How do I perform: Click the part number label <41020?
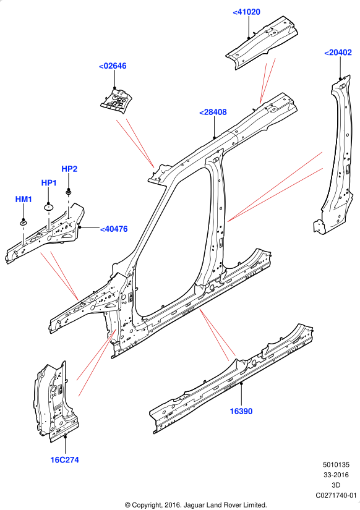pyautogui.click(x=246, y=12)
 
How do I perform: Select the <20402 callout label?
pyautogui.click(x=338, y=53)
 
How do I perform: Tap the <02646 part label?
pyautogui.click(x=113, y=66)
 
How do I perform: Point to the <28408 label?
pyautogui.click(x=213, y=113)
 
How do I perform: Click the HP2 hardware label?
pyautogui.click(x=69, y=169)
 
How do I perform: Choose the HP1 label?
pyautogui.click(x=49, y=183)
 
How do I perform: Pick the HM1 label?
pyautogui.click(x=24, y=199)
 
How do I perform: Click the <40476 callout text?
pyautogui.click(x=114, y=229)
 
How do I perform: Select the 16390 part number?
pyautogui.click(x=241, y=412)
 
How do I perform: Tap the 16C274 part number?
pyautogui.click(x=64, y=460)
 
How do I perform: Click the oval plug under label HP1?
pyautogui.click(x=48, y=207)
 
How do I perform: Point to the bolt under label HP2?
pyautogui.click(x=69, y=192)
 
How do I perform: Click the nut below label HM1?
pyautogui.click(x=24, y=223)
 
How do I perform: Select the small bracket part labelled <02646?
pyautogui.click(x=116, y=100)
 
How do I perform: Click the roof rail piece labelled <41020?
pyautogui.click(x=262, y=41)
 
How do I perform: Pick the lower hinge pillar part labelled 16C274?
pyautogui.click(x=55, y=403)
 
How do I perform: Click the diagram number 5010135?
pyautogui.click(x=336, y=465)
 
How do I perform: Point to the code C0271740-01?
pyautogui.click(x=336, y=495)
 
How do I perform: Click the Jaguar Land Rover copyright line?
pyautogui.click(x=195, y=505)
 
